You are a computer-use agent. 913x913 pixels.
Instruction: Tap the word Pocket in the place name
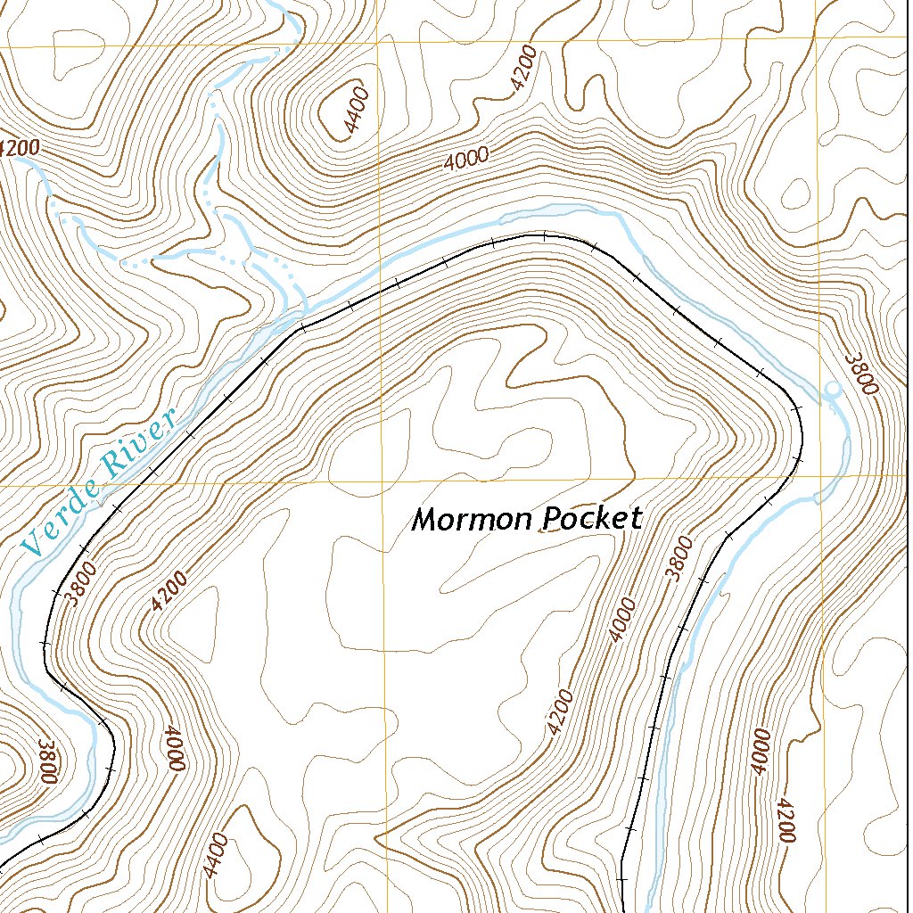(x=592, y=519)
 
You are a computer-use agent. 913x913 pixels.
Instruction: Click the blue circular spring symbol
(x=832, y=390)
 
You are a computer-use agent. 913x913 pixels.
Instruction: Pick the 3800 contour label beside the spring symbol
(x=862, y=374)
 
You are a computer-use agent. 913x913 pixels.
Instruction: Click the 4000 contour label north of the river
(x=466, y=160)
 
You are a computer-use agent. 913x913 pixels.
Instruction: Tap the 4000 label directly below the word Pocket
(x=623, y=621)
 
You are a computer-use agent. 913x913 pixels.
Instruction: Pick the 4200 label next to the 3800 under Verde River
(x=169, y=591)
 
